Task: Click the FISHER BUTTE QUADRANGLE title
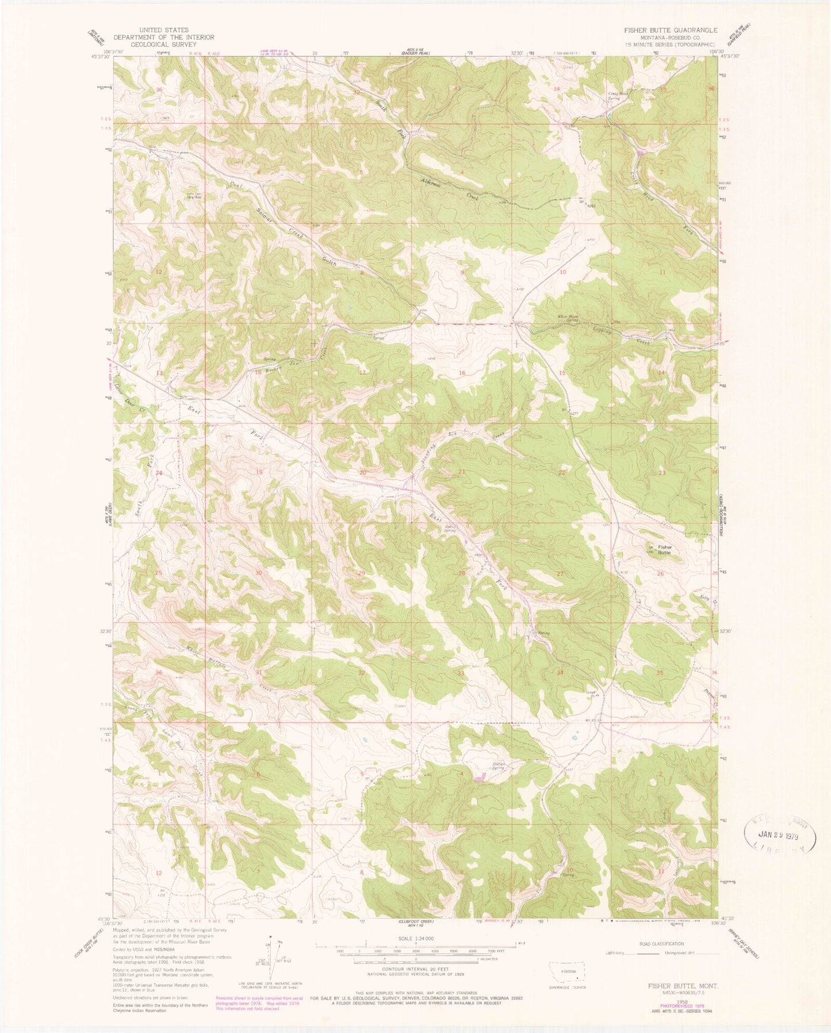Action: coord(666,31)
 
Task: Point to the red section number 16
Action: coord(462,373)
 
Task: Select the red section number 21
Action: coord(461,472)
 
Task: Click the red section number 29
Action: coord(362,573)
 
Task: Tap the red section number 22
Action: coord(562,472)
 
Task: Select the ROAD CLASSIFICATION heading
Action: coord(661,944)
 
